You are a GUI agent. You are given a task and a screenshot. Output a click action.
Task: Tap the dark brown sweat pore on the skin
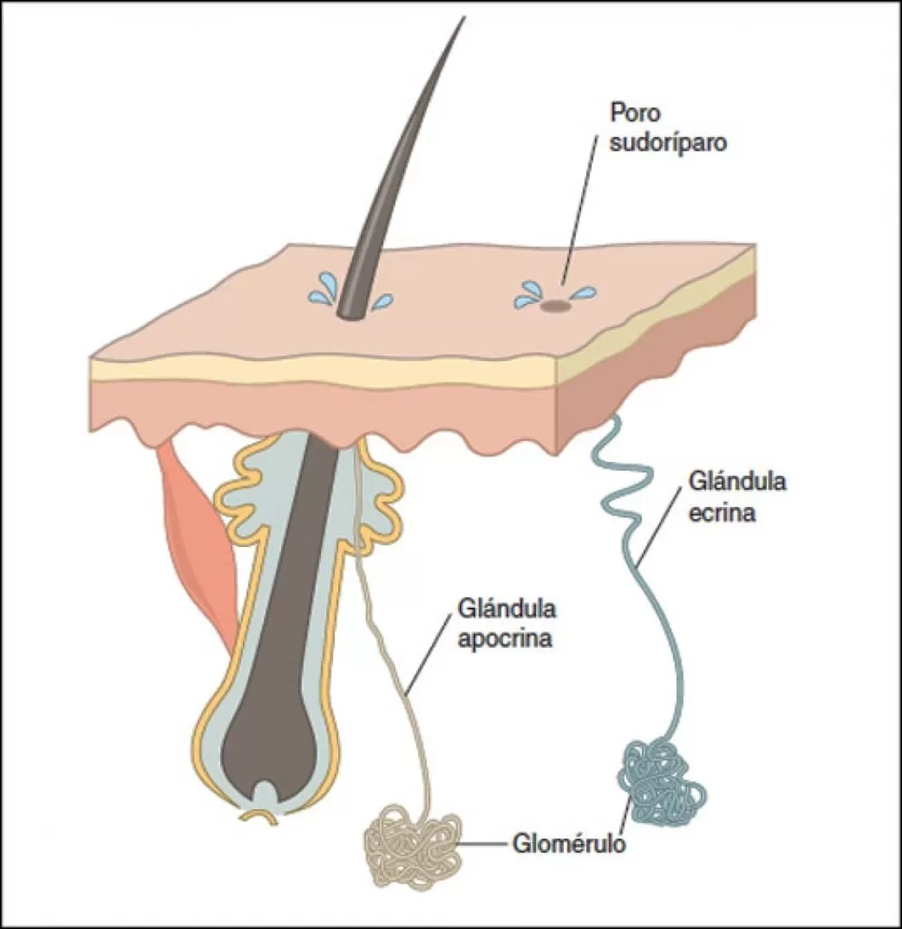555,307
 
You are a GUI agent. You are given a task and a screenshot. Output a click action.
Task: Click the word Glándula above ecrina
736,482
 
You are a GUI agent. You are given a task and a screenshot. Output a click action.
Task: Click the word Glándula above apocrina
508,607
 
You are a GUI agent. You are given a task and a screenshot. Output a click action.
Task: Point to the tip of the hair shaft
462,20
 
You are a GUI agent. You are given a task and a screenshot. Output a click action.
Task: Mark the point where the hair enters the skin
349,311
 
